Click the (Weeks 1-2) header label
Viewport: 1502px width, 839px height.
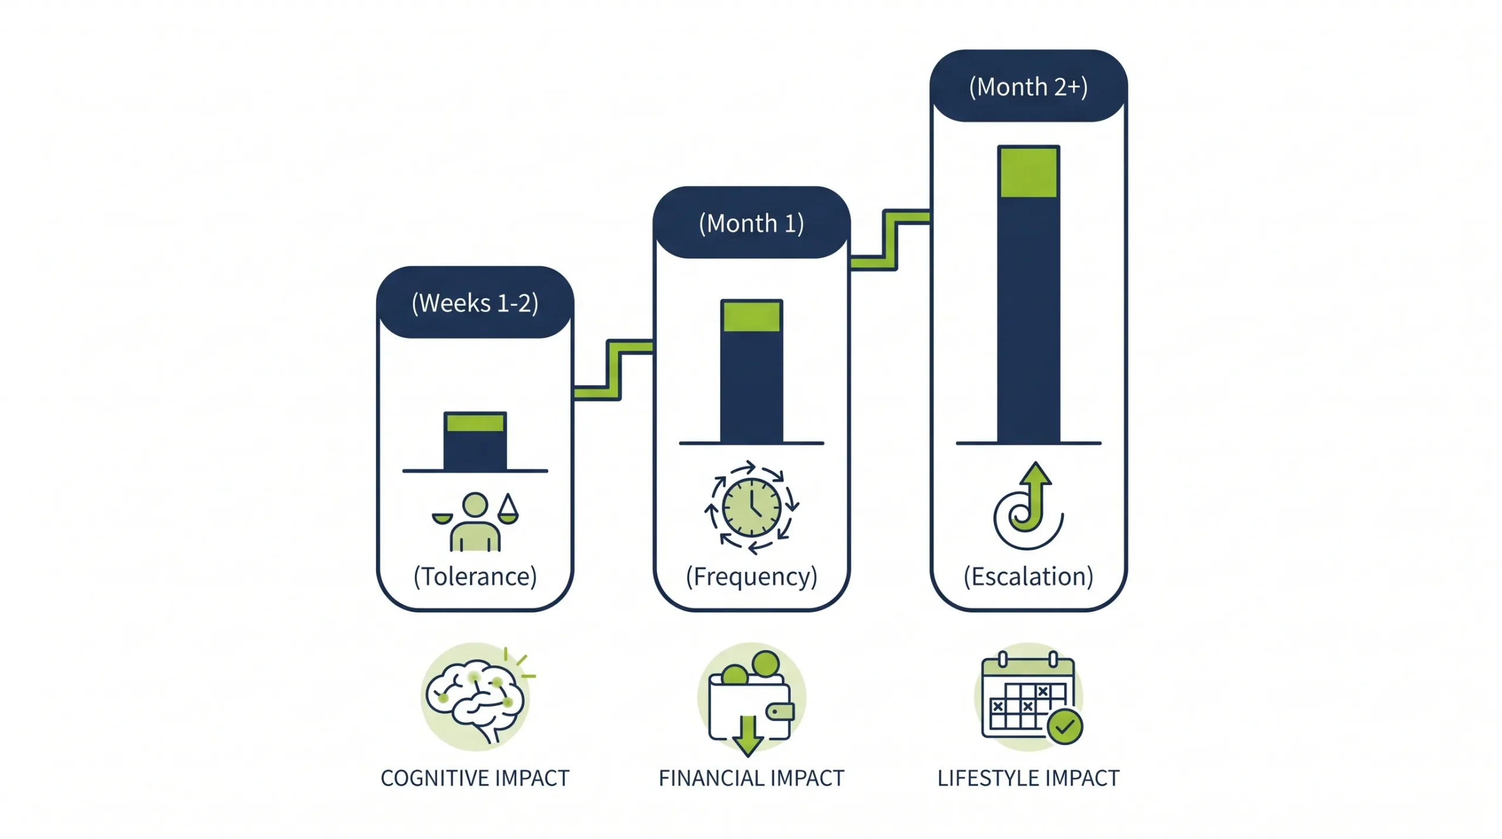(475, 303)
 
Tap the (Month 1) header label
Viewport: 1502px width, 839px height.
(751, 223)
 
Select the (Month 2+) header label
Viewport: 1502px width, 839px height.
(1028, 87)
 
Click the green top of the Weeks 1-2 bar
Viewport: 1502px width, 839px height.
(475, 423)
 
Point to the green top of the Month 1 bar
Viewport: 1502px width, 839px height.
(751, 316)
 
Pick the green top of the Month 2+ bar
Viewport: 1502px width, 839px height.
(1028, 173)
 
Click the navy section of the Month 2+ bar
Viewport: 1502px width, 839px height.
(1028, 320)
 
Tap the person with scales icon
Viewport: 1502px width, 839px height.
(475, 521)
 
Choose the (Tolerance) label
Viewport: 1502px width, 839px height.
(475, 577)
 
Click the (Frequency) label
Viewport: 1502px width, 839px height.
(751, 577)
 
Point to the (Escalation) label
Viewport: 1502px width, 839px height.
(1028, 577)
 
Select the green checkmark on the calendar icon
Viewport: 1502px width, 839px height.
(1065, 727)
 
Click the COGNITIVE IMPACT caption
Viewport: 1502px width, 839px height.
(475, 779)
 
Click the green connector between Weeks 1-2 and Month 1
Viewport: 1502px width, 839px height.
(614, 370)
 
